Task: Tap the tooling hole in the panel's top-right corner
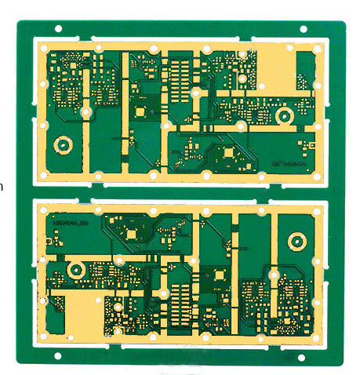coord(304,29)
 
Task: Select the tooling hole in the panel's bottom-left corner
coord(58,356)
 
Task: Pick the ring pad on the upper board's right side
coord(284,117)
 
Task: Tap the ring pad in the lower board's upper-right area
coord(296,240)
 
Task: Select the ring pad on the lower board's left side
coord(75,269)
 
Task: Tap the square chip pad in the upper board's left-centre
coord(140,111)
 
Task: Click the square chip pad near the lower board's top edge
coord(129,233)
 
